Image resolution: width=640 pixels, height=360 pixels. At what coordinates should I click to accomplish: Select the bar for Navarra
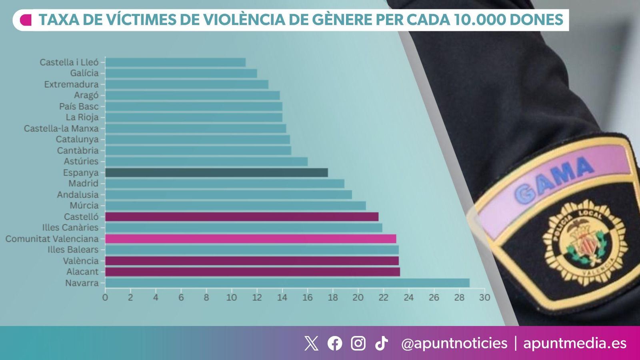[287, 283]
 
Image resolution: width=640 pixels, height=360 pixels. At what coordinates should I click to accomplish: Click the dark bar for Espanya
[216, 172]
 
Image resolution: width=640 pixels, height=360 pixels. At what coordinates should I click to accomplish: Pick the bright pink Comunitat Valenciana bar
[250, 239]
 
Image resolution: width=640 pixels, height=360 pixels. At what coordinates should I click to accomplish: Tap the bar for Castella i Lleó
[175, 62]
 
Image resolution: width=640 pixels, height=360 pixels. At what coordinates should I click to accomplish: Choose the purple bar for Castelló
[242, 217]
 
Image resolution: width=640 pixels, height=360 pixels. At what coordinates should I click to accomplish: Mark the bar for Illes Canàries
[244, 228]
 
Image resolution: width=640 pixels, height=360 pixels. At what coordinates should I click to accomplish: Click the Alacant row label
[82, 272]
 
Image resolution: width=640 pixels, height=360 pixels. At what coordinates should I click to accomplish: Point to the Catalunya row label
[77, 139]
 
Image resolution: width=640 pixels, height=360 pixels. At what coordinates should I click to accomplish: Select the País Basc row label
[79, 106]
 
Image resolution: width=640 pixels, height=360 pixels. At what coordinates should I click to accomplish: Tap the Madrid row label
[83, 183]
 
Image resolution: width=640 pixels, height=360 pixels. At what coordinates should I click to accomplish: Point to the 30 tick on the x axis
[484, 298]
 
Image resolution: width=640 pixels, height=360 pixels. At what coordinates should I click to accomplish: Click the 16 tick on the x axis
[307, 298]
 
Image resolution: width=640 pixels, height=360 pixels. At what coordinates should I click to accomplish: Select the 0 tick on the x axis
[105, 298]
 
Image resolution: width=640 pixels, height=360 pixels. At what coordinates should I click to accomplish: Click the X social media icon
[311, 343]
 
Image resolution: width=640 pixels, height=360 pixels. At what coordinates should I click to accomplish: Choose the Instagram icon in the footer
[358, 343]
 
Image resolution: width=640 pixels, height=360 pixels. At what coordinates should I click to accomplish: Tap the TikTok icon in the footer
[381, 343]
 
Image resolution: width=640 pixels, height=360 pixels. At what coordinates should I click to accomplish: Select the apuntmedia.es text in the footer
[575, 343]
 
